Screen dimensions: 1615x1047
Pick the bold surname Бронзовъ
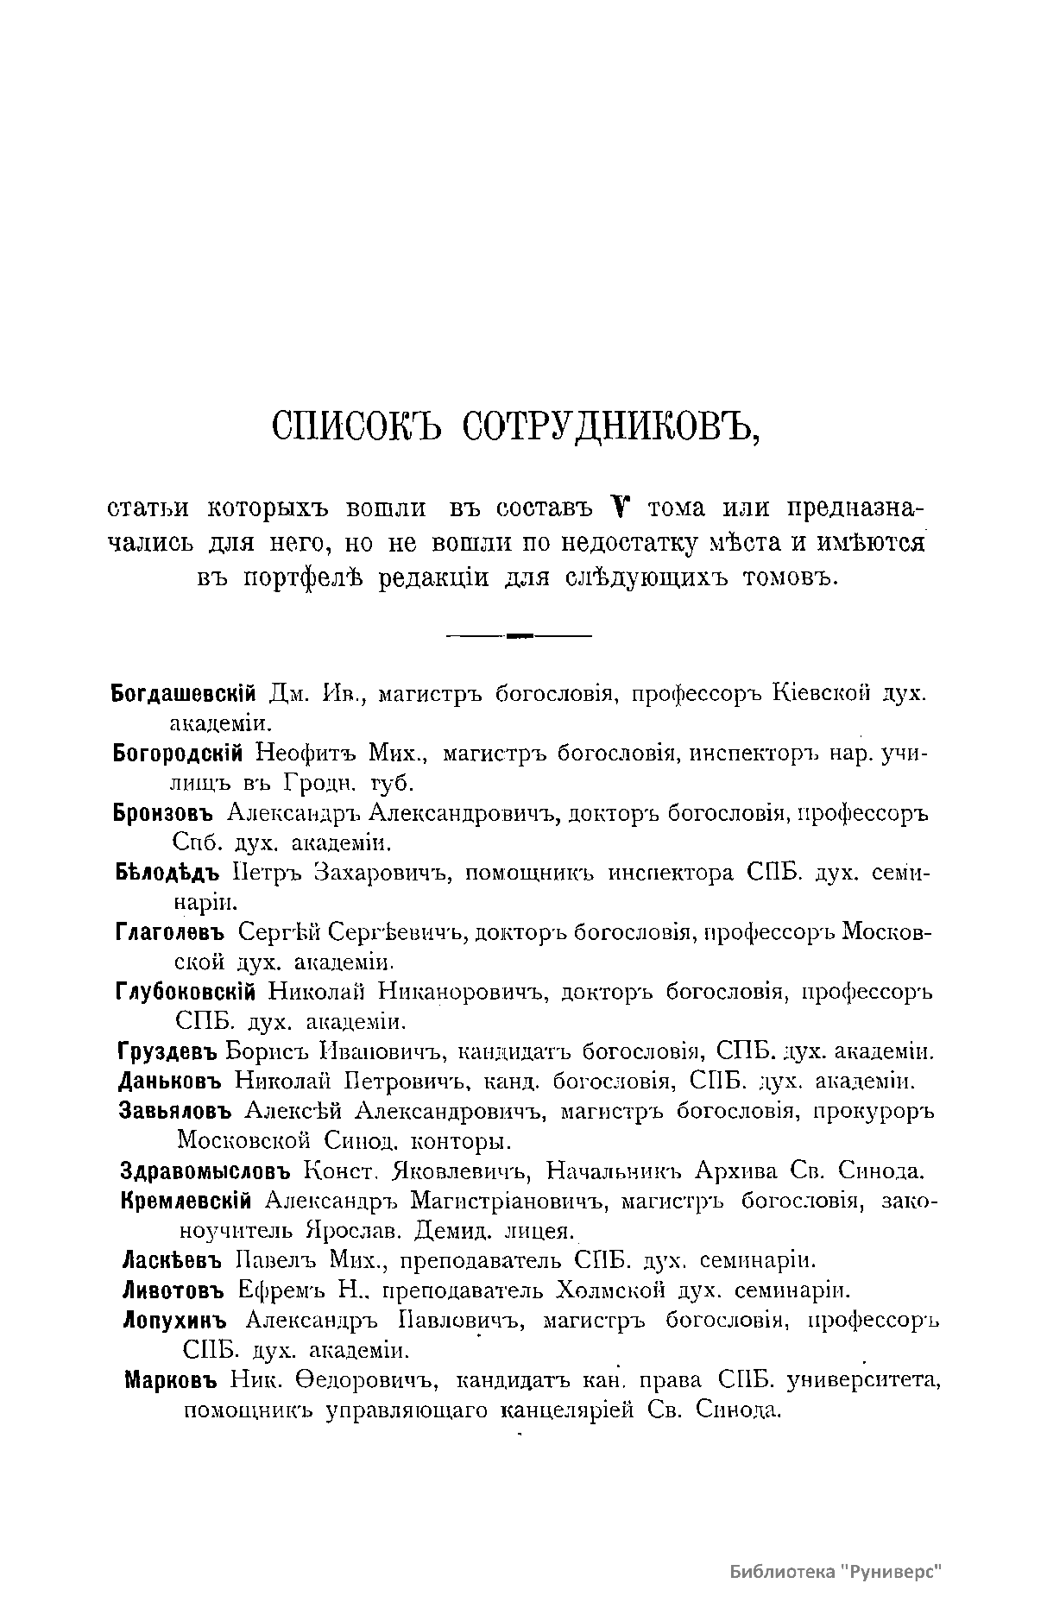[163, 813]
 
